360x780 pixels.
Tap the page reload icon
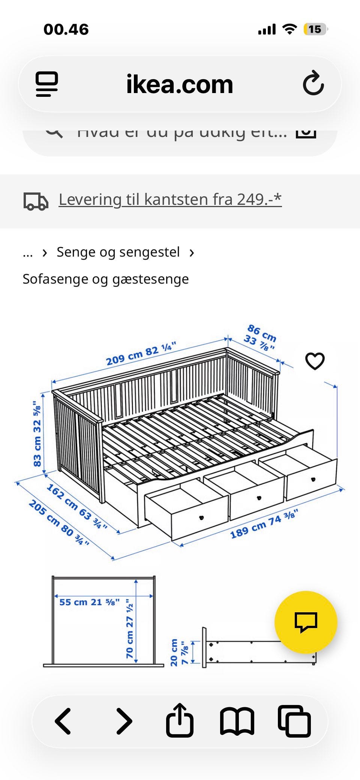[313, 84]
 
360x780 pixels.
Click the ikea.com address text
[180, 84]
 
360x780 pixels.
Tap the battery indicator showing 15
[315, 29]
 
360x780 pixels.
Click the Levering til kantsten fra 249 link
[170, 199]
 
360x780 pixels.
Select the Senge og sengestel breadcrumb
[118, 252]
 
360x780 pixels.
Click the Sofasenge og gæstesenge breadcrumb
[106, 279]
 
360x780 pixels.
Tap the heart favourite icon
[315, 361]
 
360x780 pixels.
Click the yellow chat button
[306, 622]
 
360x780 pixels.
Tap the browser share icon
[180, 721]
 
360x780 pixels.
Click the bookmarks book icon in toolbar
[237, 721]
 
